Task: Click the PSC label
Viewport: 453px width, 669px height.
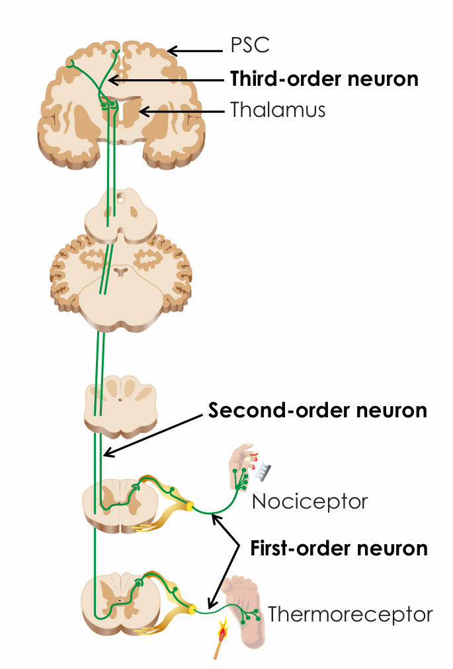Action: (x=251, y=46)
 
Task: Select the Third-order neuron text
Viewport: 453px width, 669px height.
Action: (x=324, y=79)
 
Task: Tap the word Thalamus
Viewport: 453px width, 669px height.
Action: (x=278, y=110)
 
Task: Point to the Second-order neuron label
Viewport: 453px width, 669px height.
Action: (x=317, y=410)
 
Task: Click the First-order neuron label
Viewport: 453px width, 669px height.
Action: (x=339, y=548)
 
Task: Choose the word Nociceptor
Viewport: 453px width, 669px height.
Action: (x=309, y=502)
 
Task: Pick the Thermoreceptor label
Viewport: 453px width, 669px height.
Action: (x=350, y=615)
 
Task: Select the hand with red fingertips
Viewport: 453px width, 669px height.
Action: (x=242, y=466)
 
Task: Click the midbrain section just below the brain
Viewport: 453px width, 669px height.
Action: (x=120, y=215)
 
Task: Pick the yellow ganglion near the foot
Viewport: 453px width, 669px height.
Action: (x=192, y=606)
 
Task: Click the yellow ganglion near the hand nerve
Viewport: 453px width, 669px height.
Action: (x=190, y=507)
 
